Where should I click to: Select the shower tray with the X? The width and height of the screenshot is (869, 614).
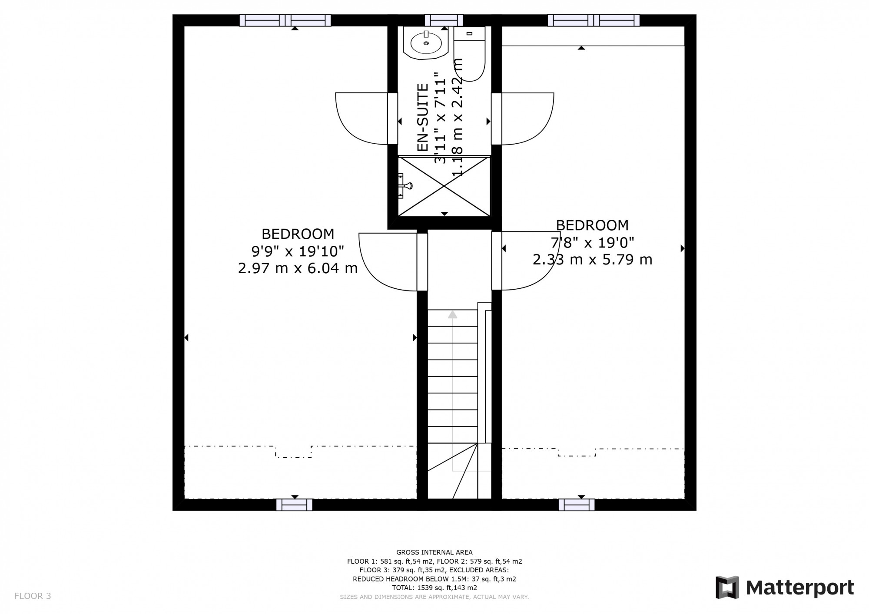point(444,186)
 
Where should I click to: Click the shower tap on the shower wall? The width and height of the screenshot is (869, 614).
point(406,186)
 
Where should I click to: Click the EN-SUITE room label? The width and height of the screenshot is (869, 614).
point(423,117)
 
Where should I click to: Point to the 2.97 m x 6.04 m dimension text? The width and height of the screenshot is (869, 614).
point(298,268)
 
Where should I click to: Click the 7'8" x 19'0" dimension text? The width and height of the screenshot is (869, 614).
point(592,242)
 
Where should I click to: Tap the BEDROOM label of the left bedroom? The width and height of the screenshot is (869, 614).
point(298,234)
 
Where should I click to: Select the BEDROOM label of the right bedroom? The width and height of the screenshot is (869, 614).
point(592,225)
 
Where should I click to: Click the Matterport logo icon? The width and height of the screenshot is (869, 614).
point(727,588)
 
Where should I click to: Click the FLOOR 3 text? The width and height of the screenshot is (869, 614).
point(33,596)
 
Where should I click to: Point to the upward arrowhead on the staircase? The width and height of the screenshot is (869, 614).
point(453,314)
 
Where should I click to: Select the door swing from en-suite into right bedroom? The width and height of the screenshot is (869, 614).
point(527,118)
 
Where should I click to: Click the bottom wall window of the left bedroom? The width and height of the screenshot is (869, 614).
point(294,505)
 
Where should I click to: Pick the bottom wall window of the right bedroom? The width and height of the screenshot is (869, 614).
point(576,505)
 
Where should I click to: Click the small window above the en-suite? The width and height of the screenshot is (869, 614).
point(444,20)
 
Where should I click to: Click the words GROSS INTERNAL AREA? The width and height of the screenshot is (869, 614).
point(434,552)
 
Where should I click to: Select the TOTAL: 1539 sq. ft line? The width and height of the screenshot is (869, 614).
point(434,588)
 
